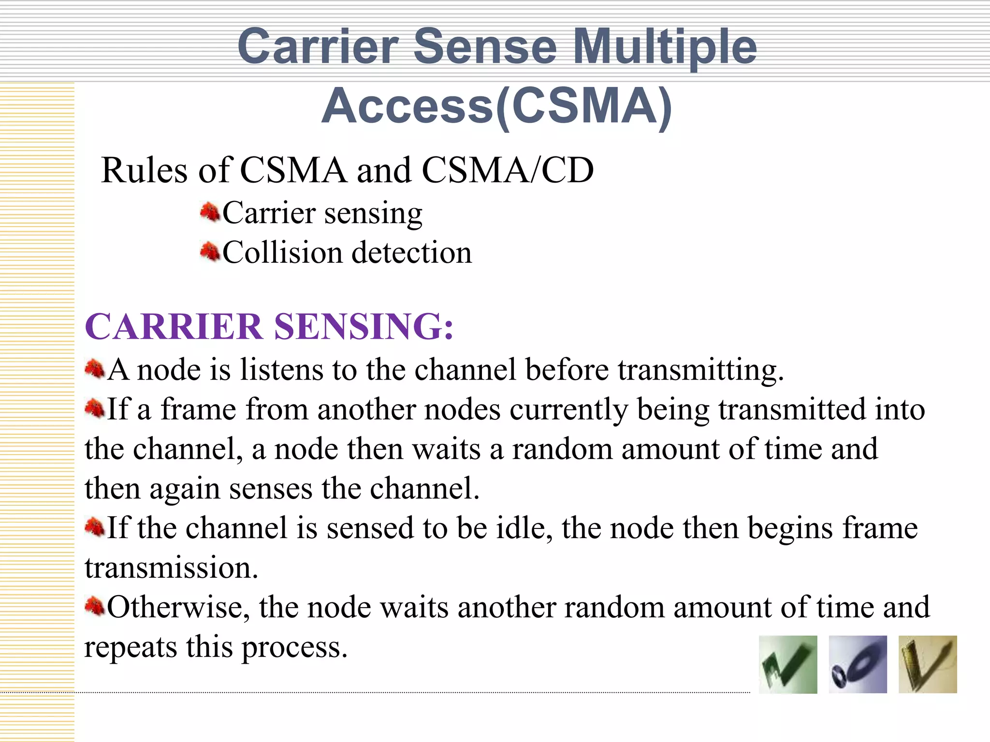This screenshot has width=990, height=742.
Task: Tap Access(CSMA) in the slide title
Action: [496, 106]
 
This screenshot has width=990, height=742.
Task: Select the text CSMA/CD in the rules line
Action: [508, 171]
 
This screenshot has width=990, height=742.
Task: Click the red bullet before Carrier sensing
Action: [210, 212]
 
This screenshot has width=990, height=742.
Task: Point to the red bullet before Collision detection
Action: [210, 252]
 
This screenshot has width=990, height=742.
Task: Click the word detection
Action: [411, 253]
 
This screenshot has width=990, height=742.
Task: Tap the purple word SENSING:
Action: [364, 327]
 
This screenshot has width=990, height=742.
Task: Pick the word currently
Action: [568, 410]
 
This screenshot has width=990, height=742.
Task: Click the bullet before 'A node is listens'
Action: [94, 370]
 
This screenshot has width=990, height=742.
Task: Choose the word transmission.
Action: [171, 568]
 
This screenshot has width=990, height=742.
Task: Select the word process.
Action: [294, 647]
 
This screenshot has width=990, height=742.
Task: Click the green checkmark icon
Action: [788, 665]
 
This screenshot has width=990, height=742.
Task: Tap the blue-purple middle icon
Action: [858, 665]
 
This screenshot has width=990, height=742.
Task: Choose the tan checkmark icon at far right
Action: [928, 665]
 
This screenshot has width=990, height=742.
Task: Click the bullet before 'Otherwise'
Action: [94, 606]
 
